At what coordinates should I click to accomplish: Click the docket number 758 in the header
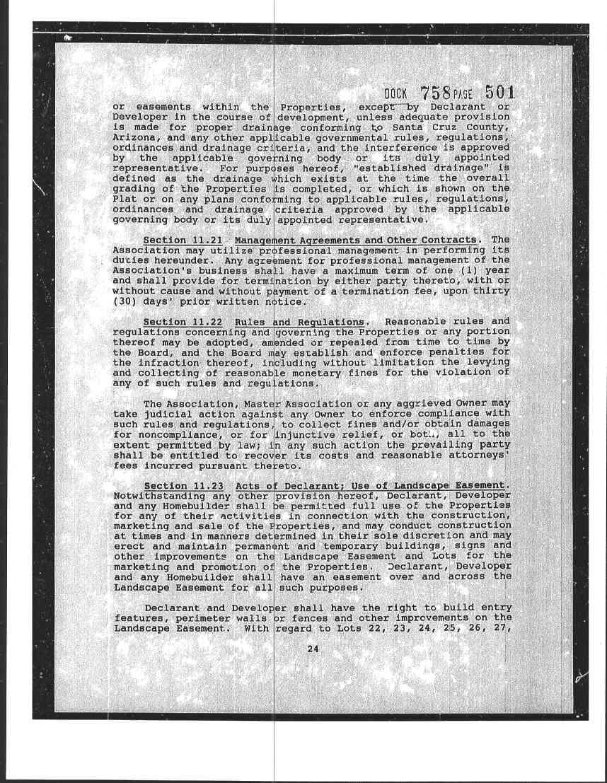(436, 93)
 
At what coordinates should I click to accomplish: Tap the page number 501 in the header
(499, 93)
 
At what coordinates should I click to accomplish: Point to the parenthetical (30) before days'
(125, 302)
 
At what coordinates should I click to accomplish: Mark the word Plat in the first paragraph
(125, 199)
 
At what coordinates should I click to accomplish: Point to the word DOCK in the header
(396, 95)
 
